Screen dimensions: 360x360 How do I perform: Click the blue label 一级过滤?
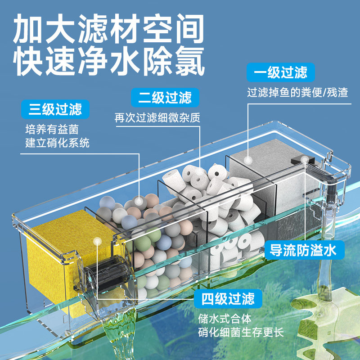point(280,72)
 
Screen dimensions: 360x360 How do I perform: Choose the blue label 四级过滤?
point(228,298)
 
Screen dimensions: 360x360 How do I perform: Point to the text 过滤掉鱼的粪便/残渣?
point(297,93)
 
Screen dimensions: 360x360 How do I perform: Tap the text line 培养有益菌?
point(52,130)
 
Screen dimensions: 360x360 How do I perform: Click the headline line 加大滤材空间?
point(108,29)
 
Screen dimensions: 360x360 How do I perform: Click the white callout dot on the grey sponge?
point(247,159)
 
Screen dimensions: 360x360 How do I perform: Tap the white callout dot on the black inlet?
point(306,159)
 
